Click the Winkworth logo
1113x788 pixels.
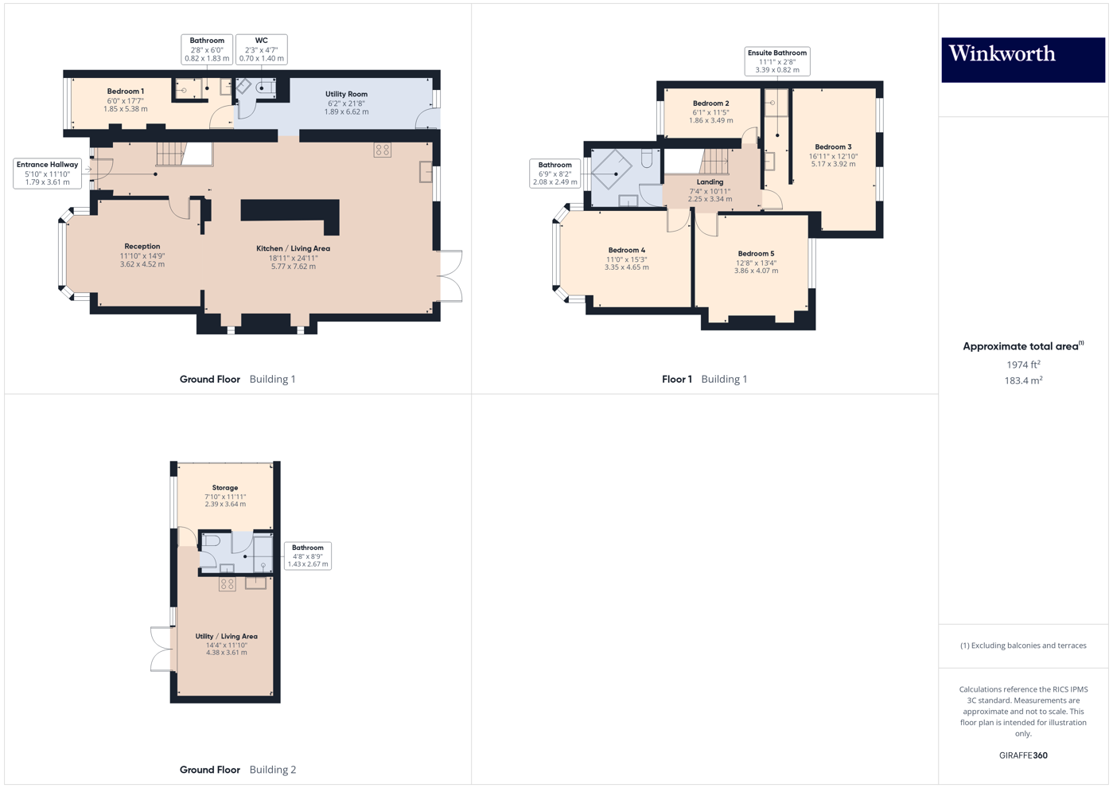1022,59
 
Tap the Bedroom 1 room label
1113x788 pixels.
126,99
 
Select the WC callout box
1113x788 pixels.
261,49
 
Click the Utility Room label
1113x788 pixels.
346,103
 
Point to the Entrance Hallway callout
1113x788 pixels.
48,174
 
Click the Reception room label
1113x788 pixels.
142,255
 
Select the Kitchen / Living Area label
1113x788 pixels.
293,257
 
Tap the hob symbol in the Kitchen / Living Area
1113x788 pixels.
383,150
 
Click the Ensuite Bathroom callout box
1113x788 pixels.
776,61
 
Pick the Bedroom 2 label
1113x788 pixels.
710,111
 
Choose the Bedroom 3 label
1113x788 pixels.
833,155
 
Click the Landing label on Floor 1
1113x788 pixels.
710,190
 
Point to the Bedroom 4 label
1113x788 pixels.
626,259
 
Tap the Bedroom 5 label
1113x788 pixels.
756,262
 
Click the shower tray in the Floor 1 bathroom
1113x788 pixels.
612,170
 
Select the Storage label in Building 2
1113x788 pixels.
225,495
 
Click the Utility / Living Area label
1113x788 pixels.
226,644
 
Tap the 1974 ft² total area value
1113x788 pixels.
1023,365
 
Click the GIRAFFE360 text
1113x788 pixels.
1023,755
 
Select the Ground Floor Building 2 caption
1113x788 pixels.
237,770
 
